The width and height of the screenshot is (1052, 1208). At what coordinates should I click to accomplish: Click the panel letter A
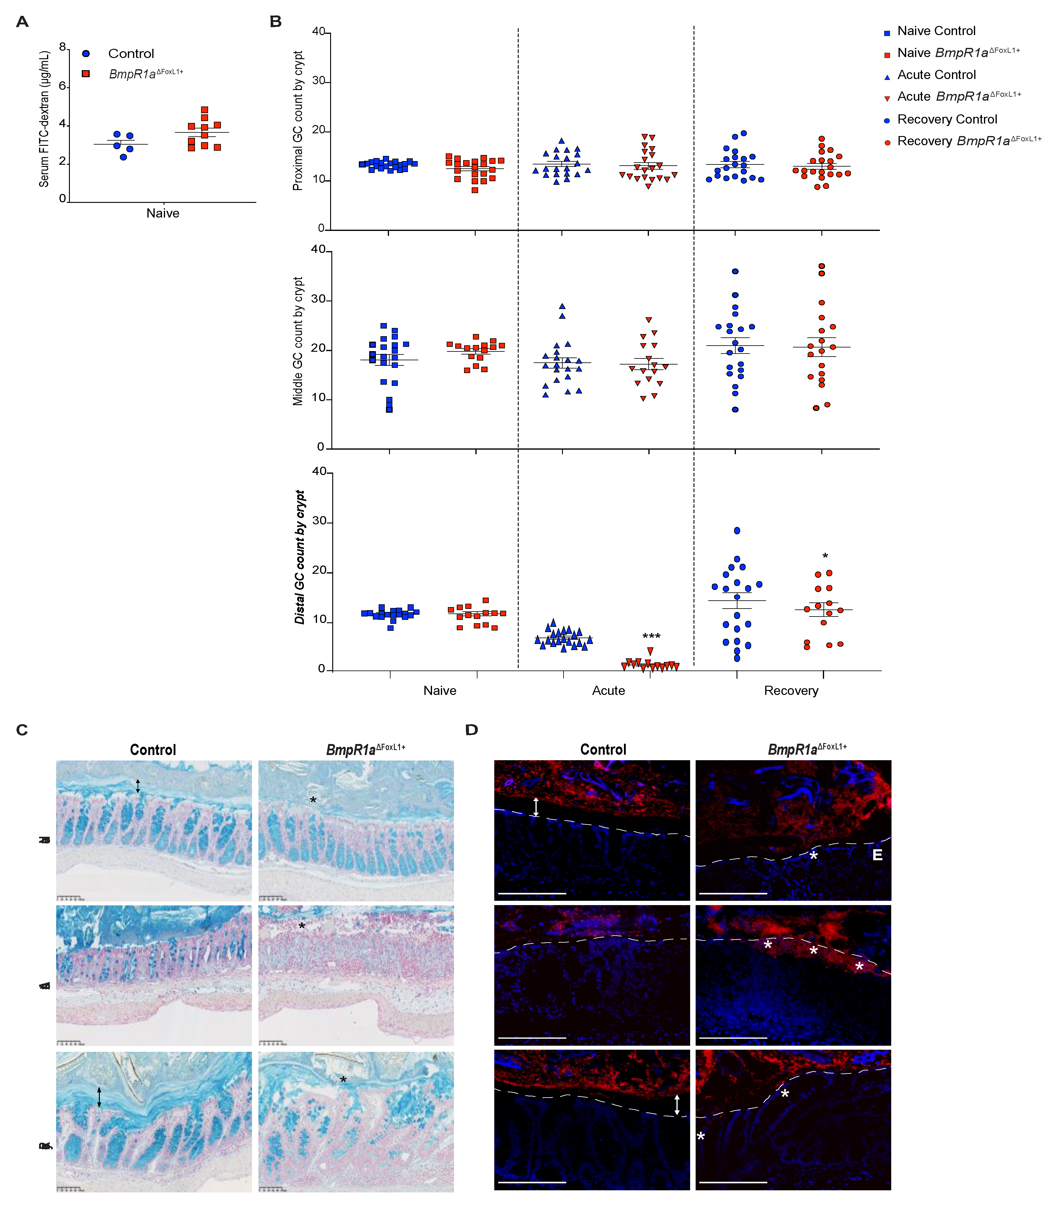point(22,22)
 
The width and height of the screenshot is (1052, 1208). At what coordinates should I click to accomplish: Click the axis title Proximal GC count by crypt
point(298,120)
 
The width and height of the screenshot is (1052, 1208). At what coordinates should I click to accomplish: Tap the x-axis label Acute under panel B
point(608,691)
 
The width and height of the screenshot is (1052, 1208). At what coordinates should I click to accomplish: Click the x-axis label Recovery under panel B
point(791,691)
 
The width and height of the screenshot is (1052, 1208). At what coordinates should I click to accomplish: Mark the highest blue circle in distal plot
point(737,530)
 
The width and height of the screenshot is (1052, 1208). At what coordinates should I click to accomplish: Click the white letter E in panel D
point(877,855)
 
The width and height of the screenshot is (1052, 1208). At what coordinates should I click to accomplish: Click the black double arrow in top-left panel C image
point(138,786)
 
